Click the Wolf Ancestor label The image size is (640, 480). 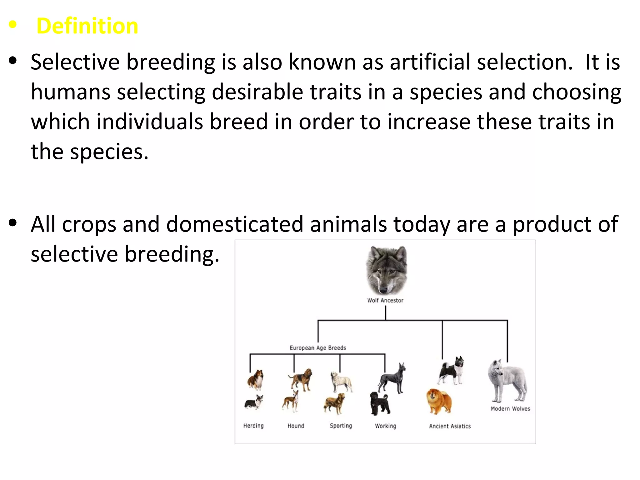(385, 300)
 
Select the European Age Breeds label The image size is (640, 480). (318, 348)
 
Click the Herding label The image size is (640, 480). (253, 426)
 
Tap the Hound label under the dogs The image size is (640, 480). (296, 426)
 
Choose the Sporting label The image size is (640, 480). (341, 426)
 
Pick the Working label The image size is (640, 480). (385, 426)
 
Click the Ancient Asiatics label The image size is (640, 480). (450, 426)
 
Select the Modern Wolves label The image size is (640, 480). (510, 409)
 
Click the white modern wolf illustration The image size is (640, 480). (507, 381)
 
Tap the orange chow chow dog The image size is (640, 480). (439, 401)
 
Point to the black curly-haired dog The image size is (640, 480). (380, 403)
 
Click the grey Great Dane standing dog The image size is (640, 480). (392, 379)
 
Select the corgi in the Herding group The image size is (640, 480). (254, 402)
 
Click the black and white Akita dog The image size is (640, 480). (452, 371)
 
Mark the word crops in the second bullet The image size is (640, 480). (89, 224)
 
